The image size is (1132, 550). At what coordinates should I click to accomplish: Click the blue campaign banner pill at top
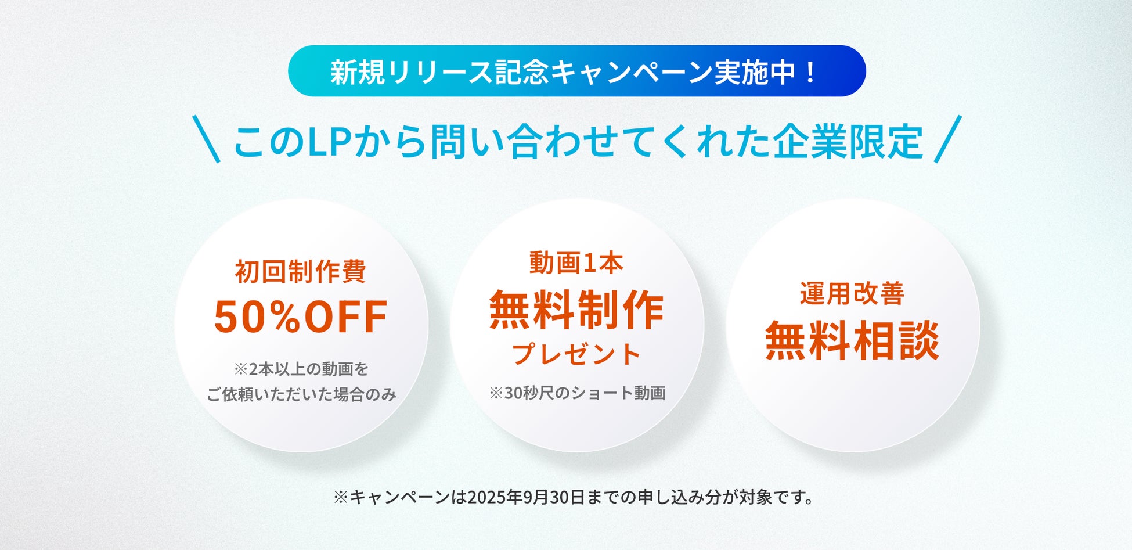click(576, 71)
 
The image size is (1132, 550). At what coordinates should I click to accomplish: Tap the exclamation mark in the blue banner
click(811, 72)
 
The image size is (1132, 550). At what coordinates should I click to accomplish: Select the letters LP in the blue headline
click(327, 142)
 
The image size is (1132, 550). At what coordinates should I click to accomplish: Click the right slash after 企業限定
click(948, 139)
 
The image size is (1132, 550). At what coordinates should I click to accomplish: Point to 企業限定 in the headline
click(848, 142)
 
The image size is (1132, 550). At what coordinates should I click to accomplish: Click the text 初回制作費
click(301, 271)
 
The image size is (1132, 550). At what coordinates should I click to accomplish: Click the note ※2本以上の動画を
click(301, 369)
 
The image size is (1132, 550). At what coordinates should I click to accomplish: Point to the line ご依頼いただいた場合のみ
click(301, 395)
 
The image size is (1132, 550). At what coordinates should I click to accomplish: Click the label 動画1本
click(576, 263)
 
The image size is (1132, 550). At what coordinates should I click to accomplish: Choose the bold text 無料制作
click(576, 310)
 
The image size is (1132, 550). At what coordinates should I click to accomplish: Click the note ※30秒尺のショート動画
click(577, 393)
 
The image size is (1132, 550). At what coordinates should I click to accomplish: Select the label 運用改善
click(852, 293)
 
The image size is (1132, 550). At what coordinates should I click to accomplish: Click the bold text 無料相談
click(852, 340)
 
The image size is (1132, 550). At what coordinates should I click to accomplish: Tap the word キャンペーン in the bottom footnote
click(400, 498)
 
